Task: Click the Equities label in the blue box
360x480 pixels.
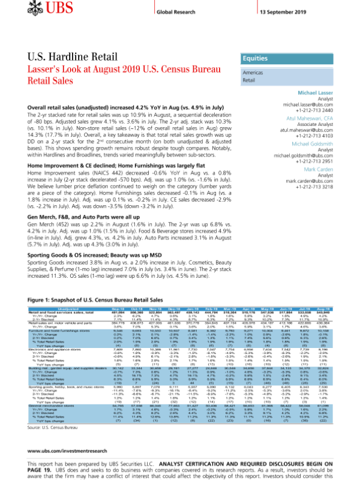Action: [x=254, y=59]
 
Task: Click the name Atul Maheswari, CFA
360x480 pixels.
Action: [x=311, y=119]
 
